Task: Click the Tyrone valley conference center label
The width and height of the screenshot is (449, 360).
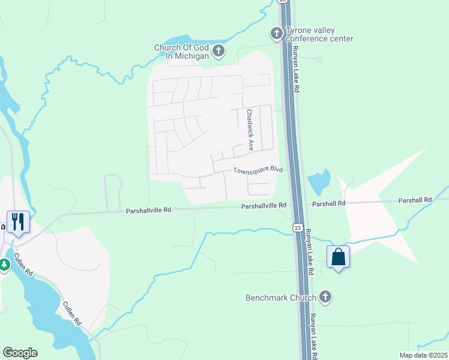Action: tap(319, 35)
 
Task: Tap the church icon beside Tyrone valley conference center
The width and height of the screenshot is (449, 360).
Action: tap(276, 34)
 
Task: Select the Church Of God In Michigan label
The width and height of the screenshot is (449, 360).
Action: tap(181, 52)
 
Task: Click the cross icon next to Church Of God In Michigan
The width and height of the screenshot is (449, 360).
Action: tap(218, 52)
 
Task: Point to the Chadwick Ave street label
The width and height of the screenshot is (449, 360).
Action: tap(249, 130)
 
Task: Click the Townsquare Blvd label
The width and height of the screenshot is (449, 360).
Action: tap(258, 170)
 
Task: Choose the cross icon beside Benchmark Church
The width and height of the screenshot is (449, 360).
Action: tap(325, 296)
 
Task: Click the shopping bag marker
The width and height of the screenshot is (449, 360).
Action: tap(339, 257)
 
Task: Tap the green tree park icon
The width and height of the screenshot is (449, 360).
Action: tap(5, 264)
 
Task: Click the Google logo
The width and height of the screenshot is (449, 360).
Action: tap(20, 353)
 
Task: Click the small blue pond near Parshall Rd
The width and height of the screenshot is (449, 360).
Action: tap(319, 179)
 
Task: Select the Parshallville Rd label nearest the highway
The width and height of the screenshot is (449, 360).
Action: tap(264, 205)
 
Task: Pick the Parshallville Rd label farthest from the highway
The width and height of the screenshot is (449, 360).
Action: tap(148, 210)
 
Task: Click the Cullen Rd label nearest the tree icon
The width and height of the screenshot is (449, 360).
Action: tap(25, 264)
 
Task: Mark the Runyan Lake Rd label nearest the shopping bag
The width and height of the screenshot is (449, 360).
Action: tap(310, 252)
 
